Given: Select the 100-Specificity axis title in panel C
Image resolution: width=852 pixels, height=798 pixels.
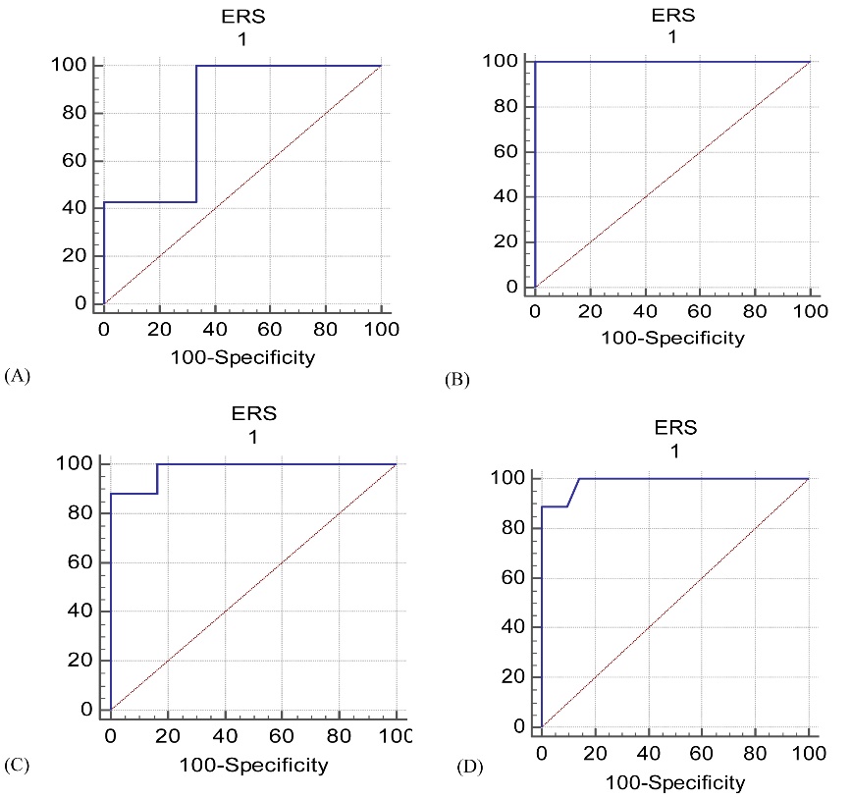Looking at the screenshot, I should point(252,764).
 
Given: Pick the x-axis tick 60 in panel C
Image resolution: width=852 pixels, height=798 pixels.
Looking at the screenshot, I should point(282,736).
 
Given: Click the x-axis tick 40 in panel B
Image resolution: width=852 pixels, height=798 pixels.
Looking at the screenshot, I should point(644,311).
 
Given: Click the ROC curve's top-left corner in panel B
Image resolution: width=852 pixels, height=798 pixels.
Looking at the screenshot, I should point(534,62).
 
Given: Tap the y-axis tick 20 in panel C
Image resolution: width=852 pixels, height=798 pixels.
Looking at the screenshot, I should point(78,661).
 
